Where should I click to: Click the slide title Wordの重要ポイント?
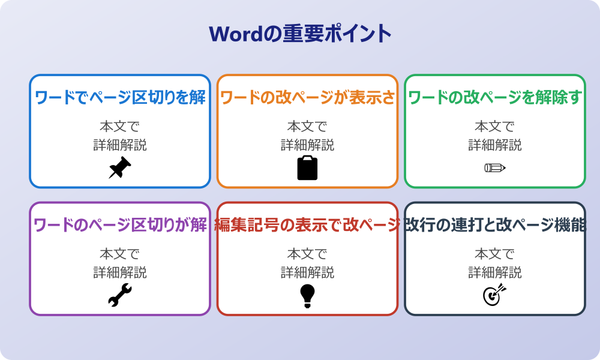click(300, 34)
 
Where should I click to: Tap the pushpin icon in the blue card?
click(120, 167)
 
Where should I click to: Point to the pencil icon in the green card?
click(495, 167)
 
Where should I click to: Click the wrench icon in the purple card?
click(120, 295)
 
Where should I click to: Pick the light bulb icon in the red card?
click(307, 295)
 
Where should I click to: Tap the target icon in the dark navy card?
click(495, 295)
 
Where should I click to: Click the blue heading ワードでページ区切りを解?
click(120, 98)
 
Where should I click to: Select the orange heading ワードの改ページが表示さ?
click(307, 98)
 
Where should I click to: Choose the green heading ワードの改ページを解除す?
click(495, 98)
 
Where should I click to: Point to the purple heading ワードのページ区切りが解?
click(120, 226)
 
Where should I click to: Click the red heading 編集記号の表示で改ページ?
click(307, 226)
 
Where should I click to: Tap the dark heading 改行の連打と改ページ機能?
click(495, 226)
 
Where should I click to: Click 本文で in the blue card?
click(120, 127)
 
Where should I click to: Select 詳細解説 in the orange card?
click(307, 145)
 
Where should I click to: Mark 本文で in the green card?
click(495, 127)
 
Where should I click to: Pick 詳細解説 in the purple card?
click(120, 272)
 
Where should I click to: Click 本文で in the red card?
click(307, 254)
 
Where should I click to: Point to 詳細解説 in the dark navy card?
click(495, 272)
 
